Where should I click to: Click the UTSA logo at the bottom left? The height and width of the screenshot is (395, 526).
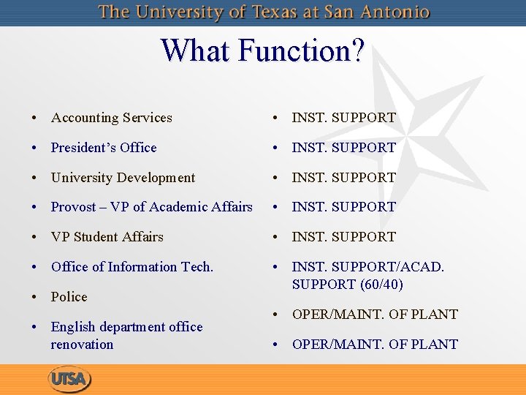tap(70, 380)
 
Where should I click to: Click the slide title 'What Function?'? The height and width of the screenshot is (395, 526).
tap(262, 51)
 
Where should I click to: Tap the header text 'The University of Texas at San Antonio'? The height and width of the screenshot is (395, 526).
tap(264, 12)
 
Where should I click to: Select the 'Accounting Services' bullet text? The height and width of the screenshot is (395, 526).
tap(112, 118)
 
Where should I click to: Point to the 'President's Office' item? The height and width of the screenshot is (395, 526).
tap(104, 148)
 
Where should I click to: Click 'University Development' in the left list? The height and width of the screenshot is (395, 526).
tap(123, 178)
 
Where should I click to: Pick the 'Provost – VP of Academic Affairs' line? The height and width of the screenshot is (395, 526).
tap(151, 207)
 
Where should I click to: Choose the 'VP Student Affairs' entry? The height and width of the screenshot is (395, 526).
tap(107, 237)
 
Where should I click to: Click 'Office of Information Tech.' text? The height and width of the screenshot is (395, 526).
tap(132, 267)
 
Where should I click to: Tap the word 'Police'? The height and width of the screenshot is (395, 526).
tap(69, 297)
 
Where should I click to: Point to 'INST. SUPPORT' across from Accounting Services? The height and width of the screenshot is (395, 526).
tap(343, 118)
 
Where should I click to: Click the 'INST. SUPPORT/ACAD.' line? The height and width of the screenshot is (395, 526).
tap(367, 267)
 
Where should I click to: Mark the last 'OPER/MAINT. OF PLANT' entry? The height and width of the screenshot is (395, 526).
tap(375, 345)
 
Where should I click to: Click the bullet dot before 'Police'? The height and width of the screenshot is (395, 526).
tap(34, 298)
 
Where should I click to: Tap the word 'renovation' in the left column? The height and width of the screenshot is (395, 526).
tap(82, 345)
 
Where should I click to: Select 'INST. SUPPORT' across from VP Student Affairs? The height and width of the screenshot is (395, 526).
tap(343, 237)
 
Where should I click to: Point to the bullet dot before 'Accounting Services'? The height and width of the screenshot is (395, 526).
tap(34, 118)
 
